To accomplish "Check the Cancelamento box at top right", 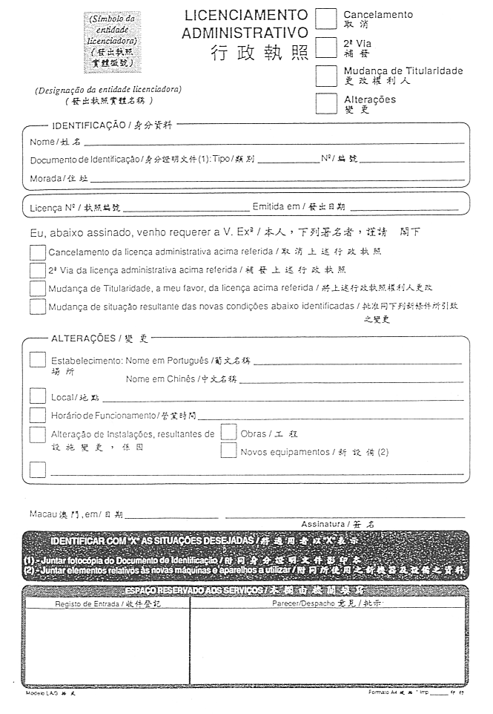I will (326, 18).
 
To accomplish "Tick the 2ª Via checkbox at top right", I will (326, 47).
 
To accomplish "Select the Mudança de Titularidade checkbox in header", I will (326, 76).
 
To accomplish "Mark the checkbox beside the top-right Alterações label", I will (326, 103).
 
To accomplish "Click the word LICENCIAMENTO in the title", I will (245, 15).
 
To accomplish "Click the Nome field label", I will (42, 142).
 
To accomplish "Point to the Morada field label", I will (47, 179).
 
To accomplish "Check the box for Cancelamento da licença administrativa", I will (38, 252).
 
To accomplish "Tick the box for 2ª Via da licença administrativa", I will (38, 270).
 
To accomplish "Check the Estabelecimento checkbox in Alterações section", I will (38, 360).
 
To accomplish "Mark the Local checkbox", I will (38, 396).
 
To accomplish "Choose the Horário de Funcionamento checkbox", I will (38, 415).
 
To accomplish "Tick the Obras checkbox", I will (228, 432).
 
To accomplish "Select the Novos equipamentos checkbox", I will (228, 451).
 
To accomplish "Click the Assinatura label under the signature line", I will (323, 524).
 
